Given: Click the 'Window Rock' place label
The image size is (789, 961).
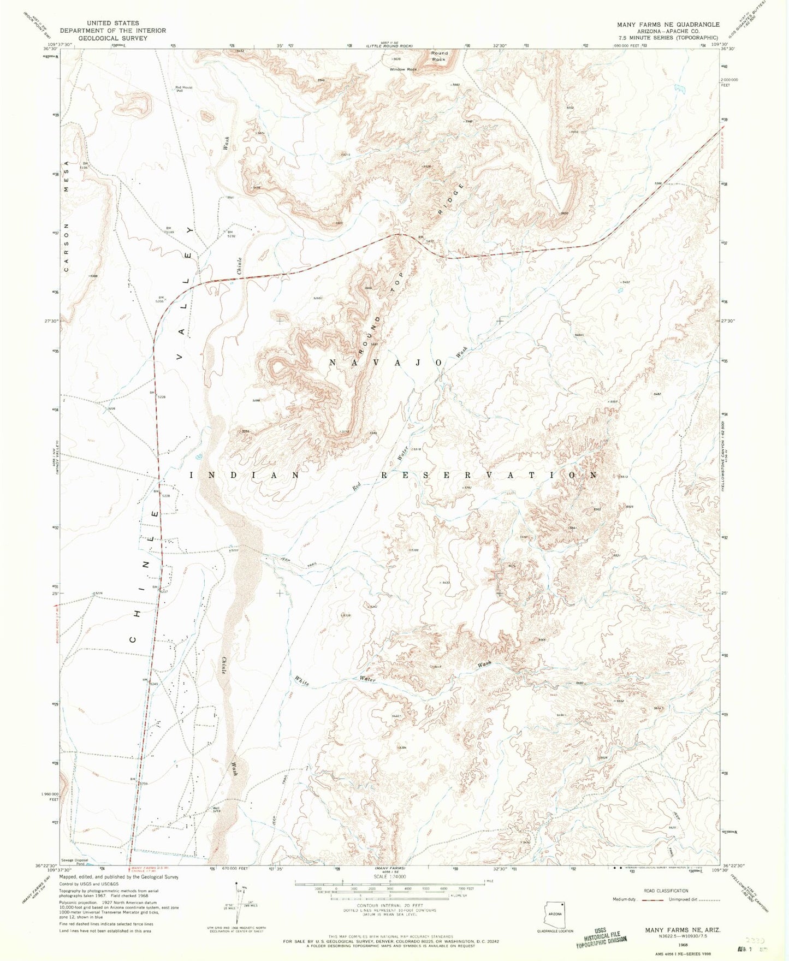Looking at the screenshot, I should coord(403,69).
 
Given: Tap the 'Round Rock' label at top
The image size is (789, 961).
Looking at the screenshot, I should coord(439,56).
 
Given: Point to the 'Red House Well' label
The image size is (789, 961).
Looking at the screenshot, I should coord(183,89).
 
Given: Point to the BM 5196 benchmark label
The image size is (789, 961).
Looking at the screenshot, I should coord(84,165).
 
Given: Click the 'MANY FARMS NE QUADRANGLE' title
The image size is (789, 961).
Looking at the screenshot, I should coord(668,25).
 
